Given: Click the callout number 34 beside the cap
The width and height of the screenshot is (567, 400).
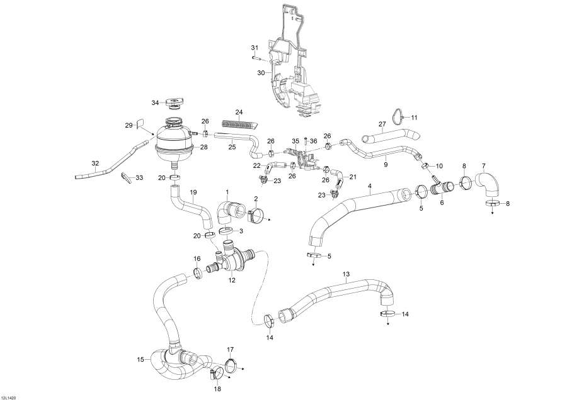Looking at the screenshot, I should pos(155,103).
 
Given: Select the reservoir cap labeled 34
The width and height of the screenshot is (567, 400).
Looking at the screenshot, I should pos(173,103).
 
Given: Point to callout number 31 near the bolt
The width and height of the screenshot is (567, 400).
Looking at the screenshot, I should pos(255,48).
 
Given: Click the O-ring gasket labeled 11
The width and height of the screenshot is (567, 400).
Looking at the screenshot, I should pos(396,116).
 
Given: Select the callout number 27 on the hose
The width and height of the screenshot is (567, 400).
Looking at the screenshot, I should pos(381,125).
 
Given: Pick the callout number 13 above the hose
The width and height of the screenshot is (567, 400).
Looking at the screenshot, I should pos(345,274).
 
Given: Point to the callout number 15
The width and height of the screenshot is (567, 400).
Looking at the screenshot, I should pos(140,360).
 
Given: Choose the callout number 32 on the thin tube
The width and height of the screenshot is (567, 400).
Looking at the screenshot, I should pos(95,164).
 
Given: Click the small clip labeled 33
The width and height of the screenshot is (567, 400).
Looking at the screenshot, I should pos(129,177).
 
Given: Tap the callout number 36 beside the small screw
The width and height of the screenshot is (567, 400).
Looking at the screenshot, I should pos(313,141).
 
